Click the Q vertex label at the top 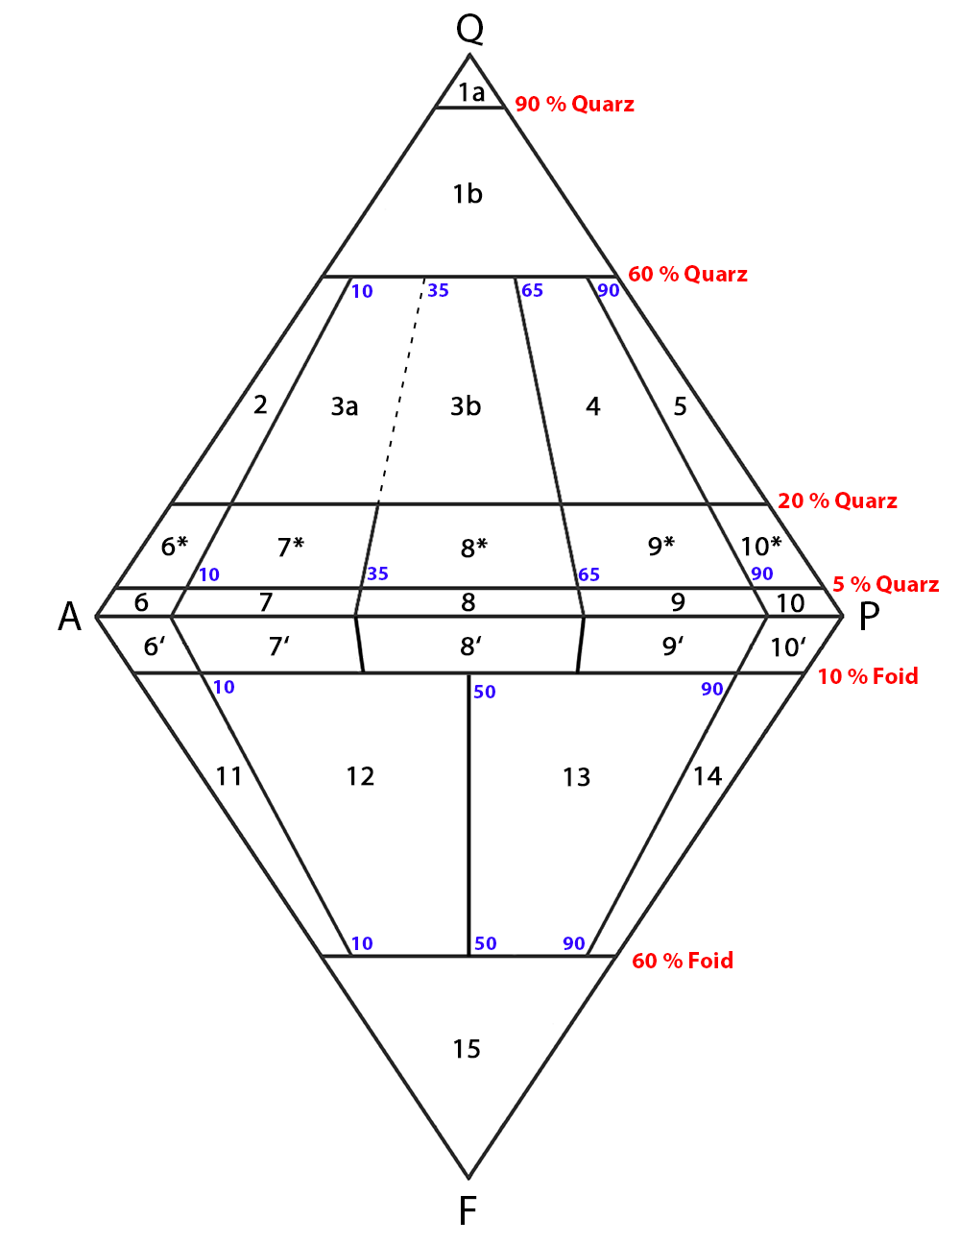click(x=469, y=30)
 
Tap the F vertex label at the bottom click(x=468, y=1210)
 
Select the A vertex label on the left click(x=70, y=617)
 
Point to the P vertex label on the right click(x=869, y=617)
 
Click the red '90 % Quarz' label click(x=574, y=104)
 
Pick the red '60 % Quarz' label click(x=687, y=274)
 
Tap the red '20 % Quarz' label click(x=837, y=500)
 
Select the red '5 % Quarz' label click(x=886, y=584)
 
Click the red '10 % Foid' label click(x=868, y=676)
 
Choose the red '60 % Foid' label click(x=683, y=961)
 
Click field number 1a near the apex click(x=471, y=92)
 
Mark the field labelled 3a click(x=345, y=406)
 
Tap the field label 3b click(x=466, y=406)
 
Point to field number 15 click(x=467, y=1049)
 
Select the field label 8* click(x=474, y=548)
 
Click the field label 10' click(x=788, y=647)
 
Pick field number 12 click(x=360, y=776)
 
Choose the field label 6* click(x=175, y=547)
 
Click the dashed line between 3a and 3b click(x=401, y=391)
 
